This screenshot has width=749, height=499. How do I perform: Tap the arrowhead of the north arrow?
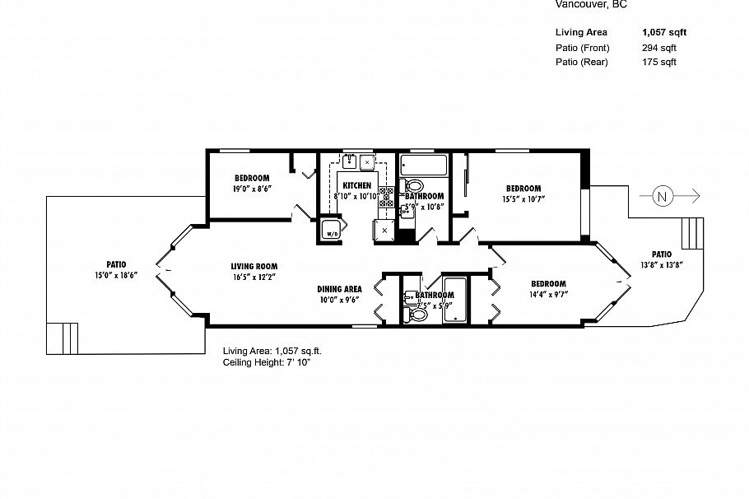pos(695,196)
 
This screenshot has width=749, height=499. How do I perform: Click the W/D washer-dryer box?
pos(332,231)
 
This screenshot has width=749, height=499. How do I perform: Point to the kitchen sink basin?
pos(350,161)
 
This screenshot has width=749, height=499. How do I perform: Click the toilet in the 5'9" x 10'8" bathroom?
pos(414,186)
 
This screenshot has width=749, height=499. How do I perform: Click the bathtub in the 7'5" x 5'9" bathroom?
pos(454,301)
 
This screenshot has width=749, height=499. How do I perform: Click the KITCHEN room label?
pos(356,185)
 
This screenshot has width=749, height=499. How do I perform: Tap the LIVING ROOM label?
pos(254,266)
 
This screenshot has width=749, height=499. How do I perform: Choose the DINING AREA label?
pos(340,289)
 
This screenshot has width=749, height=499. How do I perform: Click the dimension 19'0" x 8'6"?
pos(252,189)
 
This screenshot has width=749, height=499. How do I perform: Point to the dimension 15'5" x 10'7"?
pos(523,198)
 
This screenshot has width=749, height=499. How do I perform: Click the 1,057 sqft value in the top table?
pos(663,33)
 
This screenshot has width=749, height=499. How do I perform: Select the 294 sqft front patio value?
pos(658,48)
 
